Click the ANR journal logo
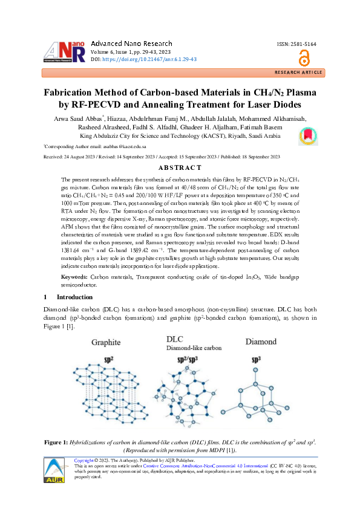(62, 51)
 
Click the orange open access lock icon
(304, 59)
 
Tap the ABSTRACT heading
(180, 167)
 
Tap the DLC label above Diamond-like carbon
(175, 340)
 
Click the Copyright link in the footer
(83, 460)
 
